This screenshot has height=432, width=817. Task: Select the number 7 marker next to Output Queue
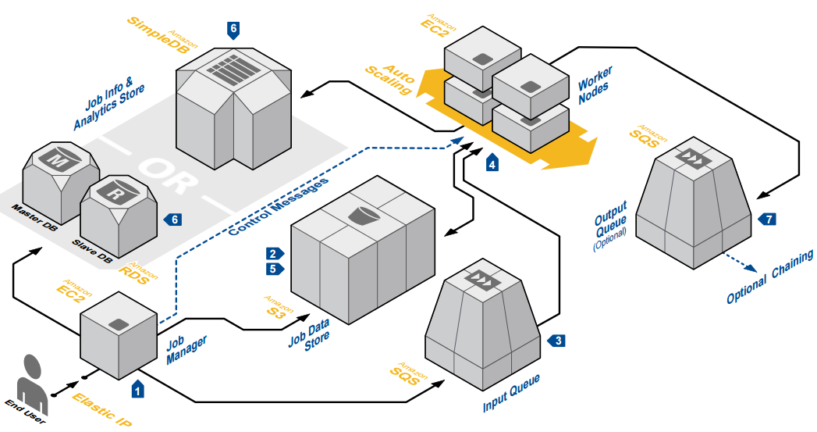769,220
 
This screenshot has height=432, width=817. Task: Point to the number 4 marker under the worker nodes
492,163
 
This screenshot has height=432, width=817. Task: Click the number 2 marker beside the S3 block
273,254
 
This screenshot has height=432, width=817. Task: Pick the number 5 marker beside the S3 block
273,270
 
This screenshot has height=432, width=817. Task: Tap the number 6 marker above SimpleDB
233,29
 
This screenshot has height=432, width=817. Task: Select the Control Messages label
278,207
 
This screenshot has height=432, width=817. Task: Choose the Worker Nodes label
596,85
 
